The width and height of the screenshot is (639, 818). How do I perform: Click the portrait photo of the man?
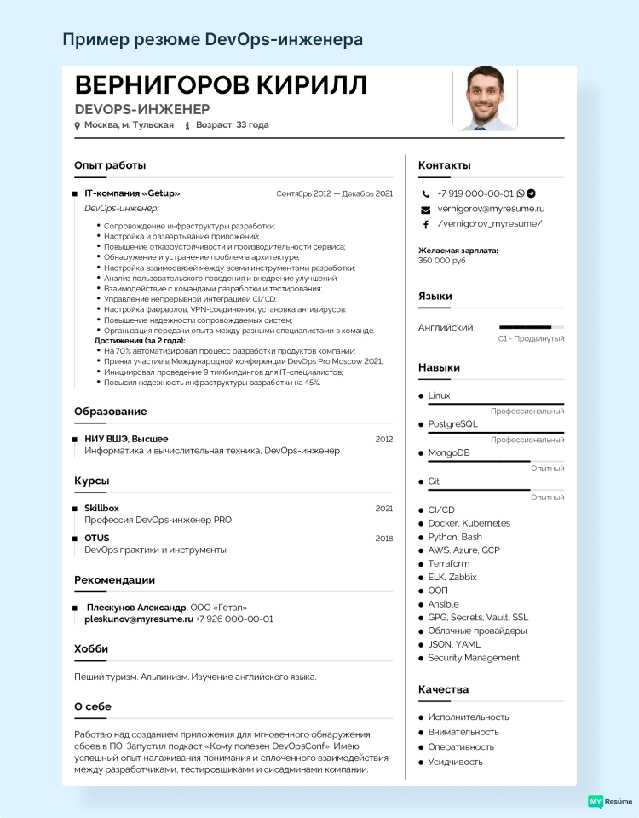coord(485,99)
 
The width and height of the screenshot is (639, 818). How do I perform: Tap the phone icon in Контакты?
coord(426,193)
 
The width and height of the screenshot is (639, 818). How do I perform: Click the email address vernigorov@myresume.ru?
coord(491,209)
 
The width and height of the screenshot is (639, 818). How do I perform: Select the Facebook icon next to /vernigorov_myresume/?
coord(426,224)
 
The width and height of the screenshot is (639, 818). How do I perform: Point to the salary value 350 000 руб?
coord(441,261)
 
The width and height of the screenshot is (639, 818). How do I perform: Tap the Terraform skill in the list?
coord(449,563)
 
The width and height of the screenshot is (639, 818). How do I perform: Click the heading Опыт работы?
coord(110,165)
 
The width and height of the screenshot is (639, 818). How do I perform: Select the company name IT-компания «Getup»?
coord(132,193)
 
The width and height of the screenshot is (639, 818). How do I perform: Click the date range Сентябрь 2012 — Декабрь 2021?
coord(334,193)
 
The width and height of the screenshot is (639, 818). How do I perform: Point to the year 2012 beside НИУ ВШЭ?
coord(383,439)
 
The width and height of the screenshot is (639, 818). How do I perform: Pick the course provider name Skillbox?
coord(101,508)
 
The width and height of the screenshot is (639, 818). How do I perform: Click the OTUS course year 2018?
coord(383,539)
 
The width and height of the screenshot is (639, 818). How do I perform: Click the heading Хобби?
coord(91,649)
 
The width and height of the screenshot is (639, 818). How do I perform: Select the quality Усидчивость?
coord(455,762)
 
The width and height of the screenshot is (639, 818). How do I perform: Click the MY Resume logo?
coord(610,801)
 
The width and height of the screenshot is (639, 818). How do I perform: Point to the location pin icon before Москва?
coord(78,125)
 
